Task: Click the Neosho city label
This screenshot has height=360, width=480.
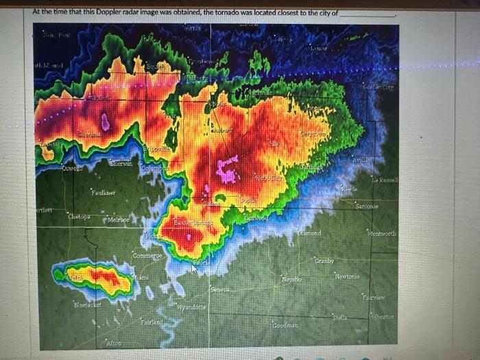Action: click(291, 280)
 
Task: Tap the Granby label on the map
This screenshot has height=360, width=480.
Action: click(324, 261)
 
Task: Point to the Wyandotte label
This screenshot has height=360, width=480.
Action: click(191, 307)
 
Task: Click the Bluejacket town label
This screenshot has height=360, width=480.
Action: click(88, 304)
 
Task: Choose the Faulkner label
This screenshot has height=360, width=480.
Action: click(104, 194)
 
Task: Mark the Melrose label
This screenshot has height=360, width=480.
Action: click(119, 220)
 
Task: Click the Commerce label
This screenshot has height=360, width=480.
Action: click(147, 256)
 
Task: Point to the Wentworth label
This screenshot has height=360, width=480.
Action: click(381, 234)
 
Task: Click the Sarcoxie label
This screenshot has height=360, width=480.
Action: click(367, 206)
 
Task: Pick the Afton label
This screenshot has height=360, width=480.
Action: click(114, 342)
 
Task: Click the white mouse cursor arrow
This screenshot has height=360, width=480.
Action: click(194, 268)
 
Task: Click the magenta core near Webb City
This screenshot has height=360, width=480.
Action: click(227, 169)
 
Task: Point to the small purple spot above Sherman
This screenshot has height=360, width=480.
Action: click(105, 122)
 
